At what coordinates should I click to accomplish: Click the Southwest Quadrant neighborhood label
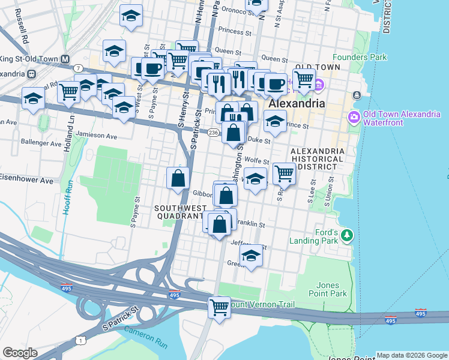179,212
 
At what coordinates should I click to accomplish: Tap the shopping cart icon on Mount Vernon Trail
220,307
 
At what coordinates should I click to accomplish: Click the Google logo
20,353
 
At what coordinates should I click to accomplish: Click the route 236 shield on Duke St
213,132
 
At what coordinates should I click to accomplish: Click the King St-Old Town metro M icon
62,59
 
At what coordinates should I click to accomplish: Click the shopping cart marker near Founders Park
304,77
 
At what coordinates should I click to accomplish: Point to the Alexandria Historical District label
317,159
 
